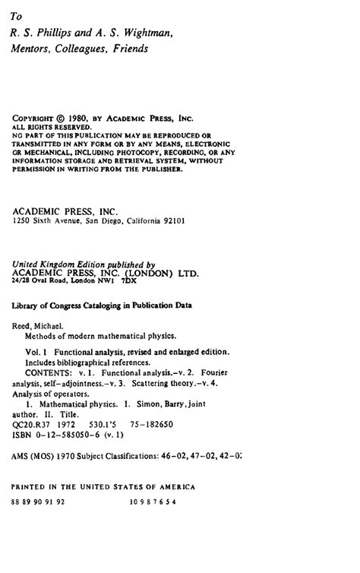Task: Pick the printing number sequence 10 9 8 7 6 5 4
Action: click(152, 502)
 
